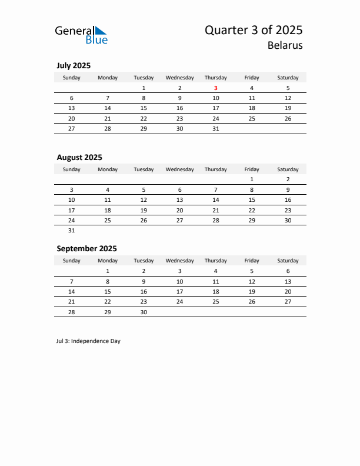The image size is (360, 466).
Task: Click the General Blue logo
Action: coord(81,35)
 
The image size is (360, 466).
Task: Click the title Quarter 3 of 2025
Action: coord(254,30)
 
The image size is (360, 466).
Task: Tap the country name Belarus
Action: coord(285,45)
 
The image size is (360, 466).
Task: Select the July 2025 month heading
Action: coord(74,65)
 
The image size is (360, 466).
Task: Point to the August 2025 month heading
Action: coord(79,157)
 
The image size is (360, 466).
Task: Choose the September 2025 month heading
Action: coord(86,248)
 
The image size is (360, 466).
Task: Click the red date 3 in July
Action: coord(216,88)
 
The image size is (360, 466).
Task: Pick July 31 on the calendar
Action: coord(216,129)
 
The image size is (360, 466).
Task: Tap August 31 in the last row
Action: coord(72,231)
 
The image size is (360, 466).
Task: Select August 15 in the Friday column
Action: coord(252,200)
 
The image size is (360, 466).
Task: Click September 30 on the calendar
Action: coord(144,312)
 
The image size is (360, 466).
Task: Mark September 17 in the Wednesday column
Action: coord(179,292)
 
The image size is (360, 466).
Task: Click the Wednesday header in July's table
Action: coord(179,78)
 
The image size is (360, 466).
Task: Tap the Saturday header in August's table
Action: coord(288,169)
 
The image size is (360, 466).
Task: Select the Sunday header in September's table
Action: coord(72,261)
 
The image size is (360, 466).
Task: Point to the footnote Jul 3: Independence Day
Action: coord(88,341)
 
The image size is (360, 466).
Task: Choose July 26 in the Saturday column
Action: coord(288,118)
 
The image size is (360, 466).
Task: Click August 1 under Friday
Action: coord(252,179)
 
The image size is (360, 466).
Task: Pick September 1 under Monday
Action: coord(108,271)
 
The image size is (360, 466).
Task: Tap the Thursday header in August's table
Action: coord(216,169)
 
